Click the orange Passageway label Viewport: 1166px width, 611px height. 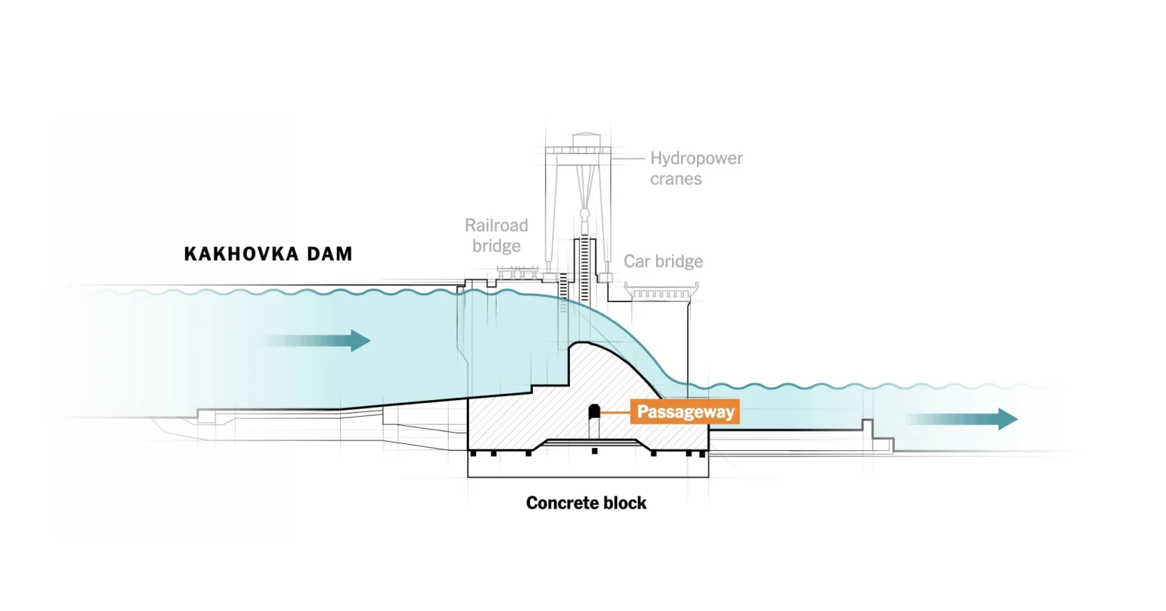[685, 412]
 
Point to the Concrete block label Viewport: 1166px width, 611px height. [586, 502]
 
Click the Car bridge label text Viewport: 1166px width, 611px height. [663, 261]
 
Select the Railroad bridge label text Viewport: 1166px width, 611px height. [496, 235]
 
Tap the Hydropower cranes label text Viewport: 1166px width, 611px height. [696, 168]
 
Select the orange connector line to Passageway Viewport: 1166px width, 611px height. [616, 412]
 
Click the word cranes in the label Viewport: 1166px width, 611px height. [676, 179]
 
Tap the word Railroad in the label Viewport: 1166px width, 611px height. [496, 225]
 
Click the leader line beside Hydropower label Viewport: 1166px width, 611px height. [629, 158]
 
